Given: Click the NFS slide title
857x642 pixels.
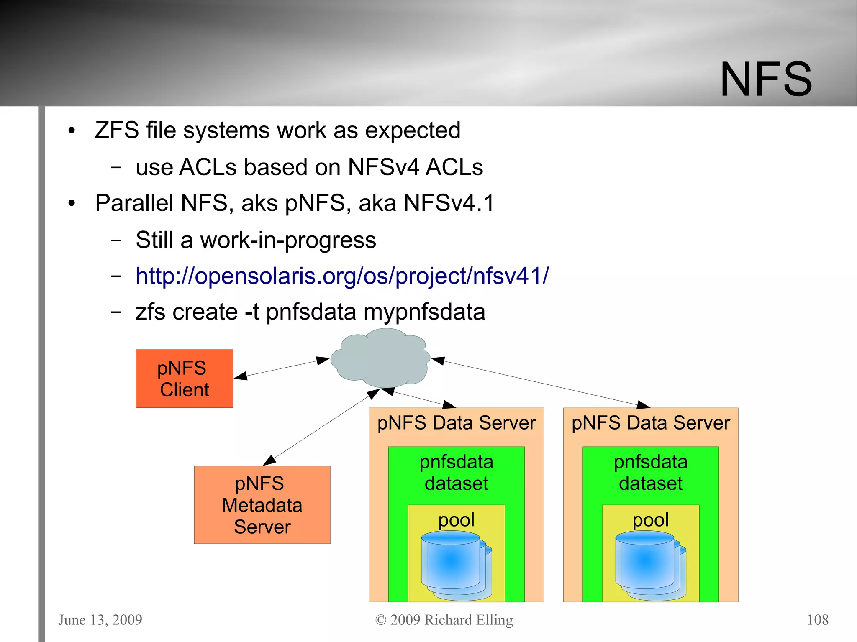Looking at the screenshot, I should [765, 79].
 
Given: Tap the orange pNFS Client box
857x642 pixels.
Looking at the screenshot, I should [184, 379].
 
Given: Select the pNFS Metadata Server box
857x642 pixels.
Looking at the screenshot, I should [262, 505].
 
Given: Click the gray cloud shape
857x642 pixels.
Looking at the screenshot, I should [380, 358].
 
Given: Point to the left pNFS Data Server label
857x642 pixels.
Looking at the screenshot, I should [456, 423].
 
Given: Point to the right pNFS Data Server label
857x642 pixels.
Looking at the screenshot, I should [650, 423].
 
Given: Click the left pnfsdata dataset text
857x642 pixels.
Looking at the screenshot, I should [456, 473].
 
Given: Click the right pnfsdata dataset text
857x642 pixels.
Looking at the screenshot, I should [650, 473].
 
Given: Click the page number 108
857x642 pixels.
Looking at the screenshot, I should [817, 619].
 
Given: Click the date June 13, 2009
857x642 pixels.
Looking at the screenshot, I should [100, 619].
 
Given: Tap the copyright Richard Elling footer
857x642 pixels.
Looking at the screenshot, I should [444, 619].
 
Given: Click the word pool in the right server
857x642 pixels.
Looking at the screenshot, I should [650, 520].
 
